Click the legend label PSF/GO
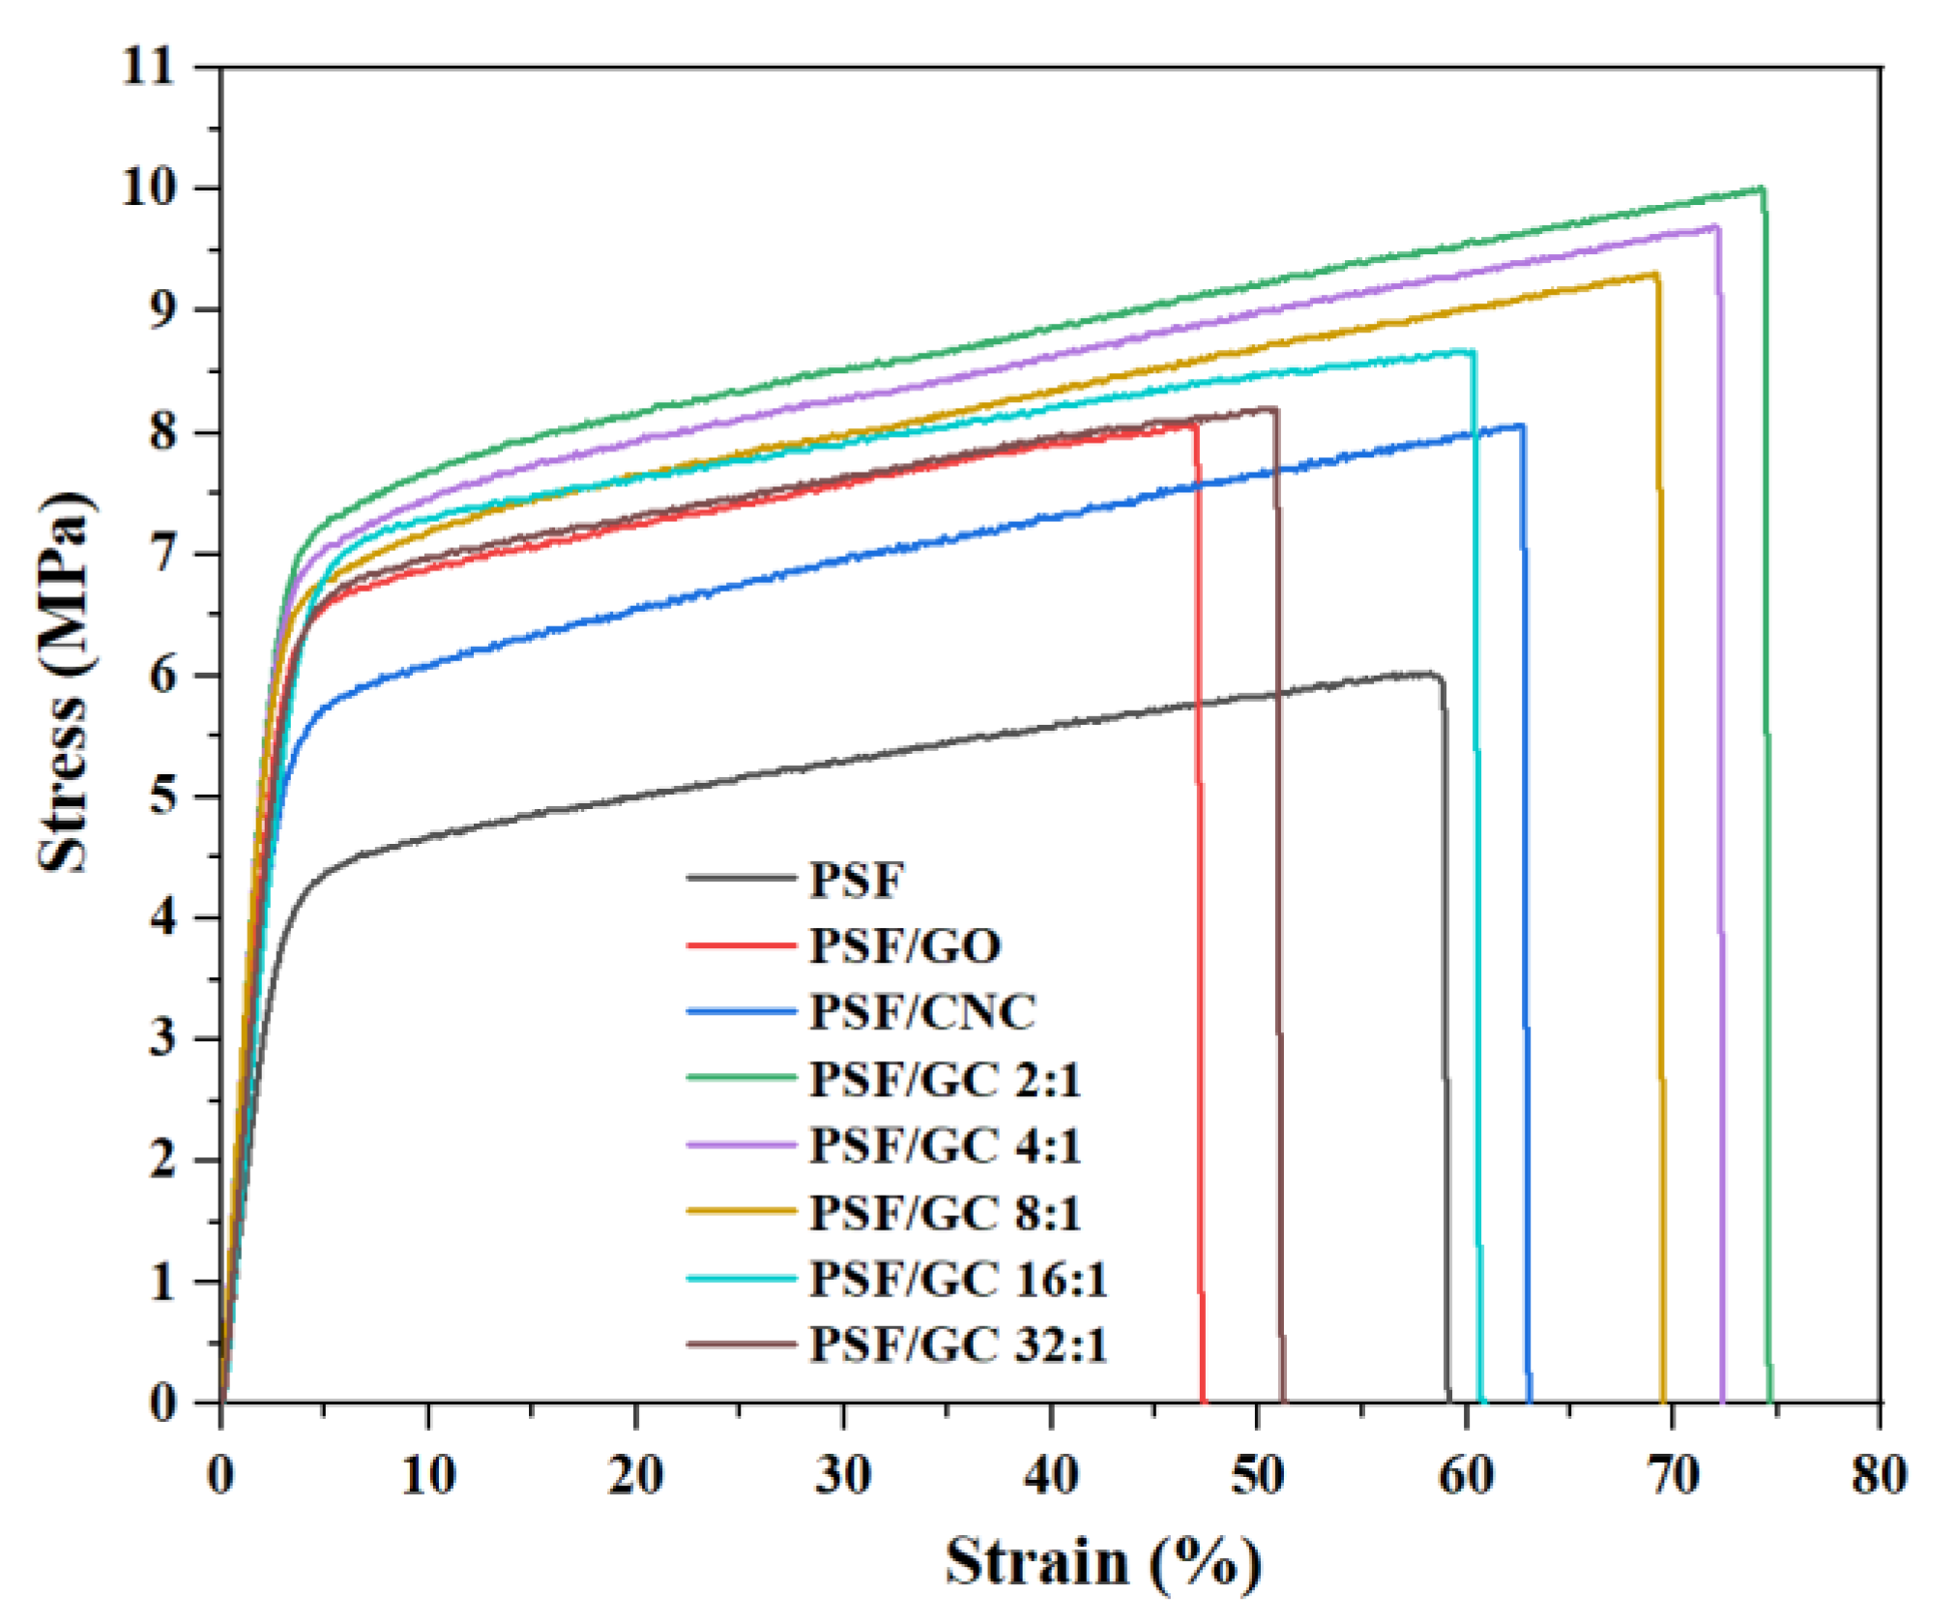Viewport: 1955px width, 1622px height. click(904, 945)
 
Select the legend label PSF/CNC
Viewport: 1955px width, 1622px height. click(921, 1012)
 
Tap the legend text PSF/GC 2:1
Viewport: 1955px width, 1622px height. click(944, 1079)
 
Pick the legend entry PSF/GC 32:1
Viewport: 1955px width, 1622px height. click(957, 1345)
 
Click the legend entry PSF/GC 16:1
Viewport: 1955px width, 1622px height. click(957, 1279)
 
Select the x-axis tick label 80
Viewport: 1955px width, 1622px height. click(1879, 1476)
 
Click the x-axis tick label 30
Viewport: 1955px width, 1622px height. click(843, 1476)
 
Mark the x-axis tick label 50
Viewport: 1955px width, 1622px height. click(1257, 1476)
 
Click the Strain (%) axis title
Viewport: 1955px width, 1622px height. click(1102, 1561)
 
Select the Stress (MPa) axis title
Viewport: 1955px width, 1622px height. click(66, 681)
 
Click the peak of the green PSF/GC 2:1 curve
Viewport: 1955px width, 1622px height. click(1761, 188)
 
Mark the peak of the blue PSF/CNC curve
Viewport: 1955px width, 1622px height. click(1522, 424)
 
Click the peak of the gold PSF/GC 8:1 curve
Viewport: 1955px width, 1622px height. click(1656, 274)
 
